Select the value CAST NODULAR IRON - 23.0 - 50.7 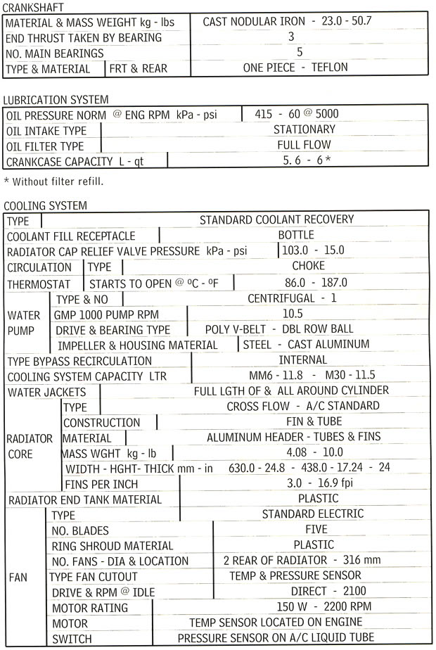[287, 21]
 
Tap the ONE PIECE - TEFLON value [295, 68]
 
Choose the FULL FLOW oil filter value [304, 145]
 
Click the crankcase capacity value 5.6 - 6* [307, 160]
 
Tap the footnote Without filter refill [54, 181]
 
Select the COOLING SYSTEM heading [46, 206]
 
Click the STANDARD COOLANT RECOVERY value [276, 220]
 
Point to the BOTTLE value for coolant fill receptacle [296, 235]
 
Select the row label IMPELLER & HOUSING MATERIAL [138, 345]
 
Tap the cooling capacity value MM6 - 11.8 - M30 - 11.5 [312, 375]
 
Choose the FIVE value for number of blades [314, 529]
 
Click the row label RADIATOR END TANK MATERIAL [84, 499]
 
